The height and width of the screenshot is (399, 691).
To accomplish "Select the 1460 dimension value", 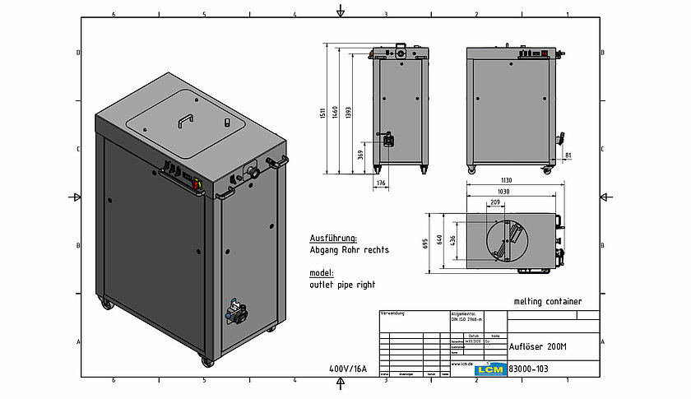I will (x=336, y=110).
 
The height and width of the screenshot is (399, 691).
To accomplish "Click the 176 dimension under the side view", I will (x=380, y=183).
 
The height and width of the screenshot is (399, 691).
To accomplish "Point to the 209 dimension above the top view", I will (x=496, y=202).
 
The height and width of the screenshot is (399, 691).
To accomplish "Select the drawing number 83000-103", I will (x=529, y=369).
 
